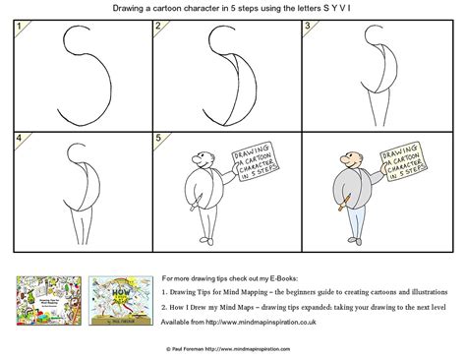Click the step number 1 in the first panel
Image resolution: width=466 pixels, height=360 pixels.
point(10,29)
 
